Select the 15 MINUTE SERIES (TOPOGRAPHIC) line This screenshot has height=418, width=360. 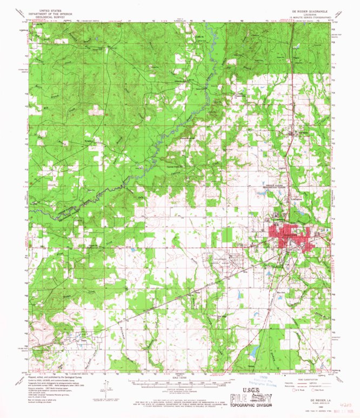302,18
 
